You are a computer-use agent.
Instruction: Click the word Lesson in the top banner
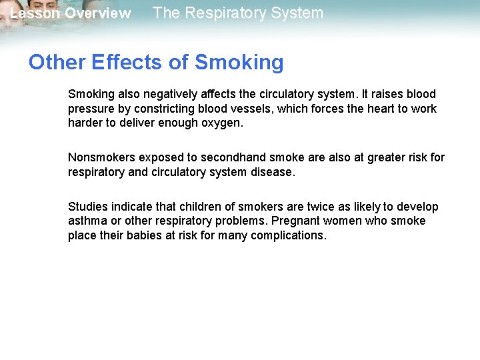pos(34,13)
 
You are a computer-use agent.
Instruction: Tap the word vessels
pos(248,109)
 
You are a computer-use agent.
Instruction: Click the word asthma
pos(87,221)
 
